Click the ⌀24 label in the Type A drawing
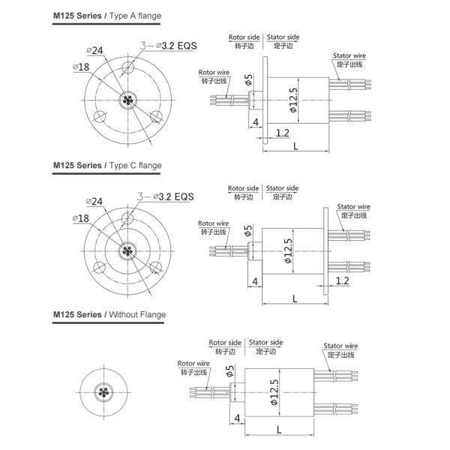(x=95, y=50)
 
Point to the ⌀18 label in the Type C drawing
(x=82, y=217)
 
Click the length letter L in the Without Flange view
(x=279, y=430)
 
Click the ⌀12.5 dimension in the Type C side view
(x=288, y=248)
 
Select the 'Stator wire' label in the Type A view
(x=349, y=55)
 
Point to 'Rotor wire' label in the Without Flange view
(x=193, y=363)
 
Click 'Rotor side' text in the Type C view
(x=244, y=188)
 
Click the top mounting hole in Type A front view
(x=128, y=68)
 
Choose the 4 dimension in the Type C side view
(x=255, y=281)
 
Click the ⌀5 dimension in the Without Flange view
(x=229, y=370)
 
